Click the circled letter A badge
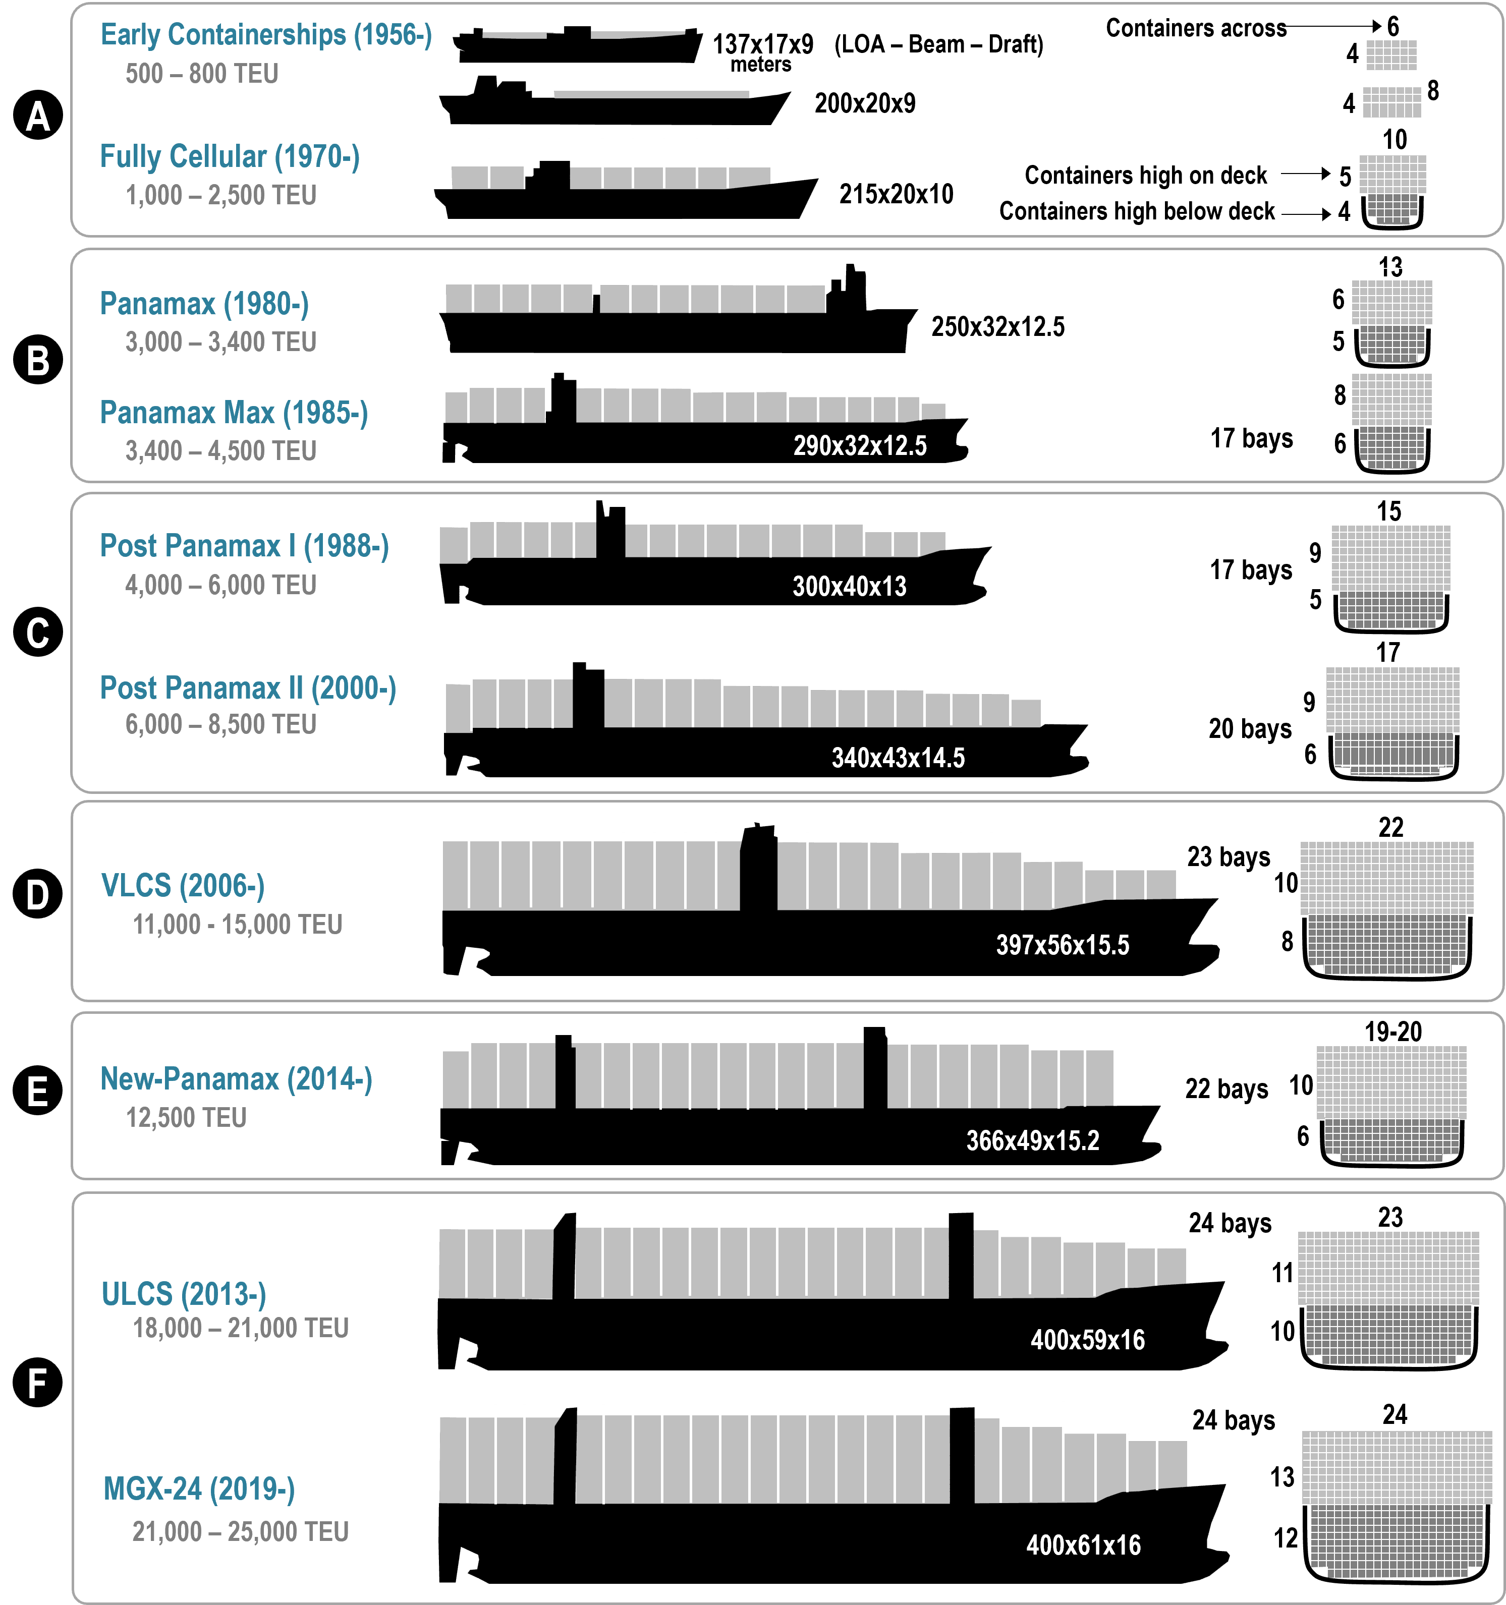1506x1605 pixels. [x=38, y=116]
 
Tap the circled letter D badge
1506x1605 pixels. [x=38, y=894]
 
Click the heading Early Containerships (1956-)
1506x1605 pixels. [x=266, y=35]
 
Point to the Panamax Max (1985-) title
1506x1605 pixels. [x=234, y=413]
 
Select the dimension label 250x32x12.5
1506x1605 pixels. [x=998, y=326]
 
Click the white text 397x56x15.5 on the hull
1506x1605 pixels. [x=1063, y=945]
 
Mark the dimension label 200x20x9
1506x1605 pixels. [x=865, y=103]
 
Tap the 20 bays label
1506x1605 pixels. [x=1250, y=729]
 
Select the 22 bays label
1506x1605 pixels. [x=1226, y=1089]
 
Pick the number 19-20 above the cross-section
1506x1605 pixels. [x=1393, y=1032]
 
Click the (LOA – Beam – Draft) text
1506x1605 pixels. [x=939, y=44]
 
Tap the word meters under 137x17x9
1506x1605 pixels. [x=761, y=65]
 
